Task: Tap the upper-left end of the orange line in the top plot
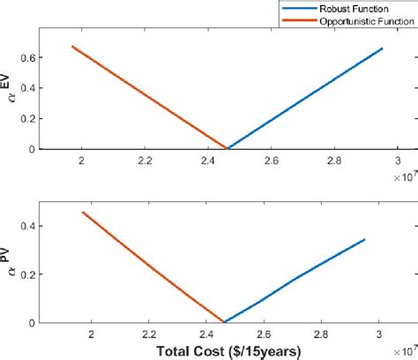(72, 46)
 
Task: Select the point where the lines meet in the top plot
(227, 148)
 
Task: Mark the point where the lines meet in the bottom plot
(225, 322)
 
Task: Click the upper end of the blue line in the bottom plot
(364, 239)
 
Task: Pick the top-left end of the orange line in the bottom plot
(82, 212)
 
